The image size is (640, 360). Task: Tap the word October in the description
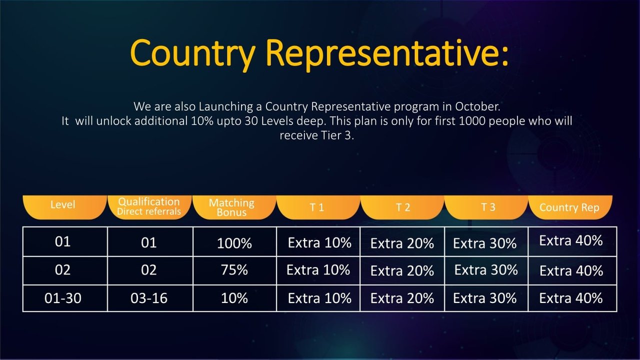pos(477,106)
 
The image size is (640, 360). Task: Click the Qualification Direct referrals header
pos(149,207)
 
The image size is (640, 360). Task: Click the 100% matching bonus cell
pos(234,243)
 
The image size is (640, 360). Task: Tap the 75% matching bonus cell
pos(234,270)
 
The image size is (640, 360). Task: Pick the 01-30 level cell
pos(63,298)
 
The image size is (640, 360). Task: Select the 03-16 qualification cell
pos(149,298)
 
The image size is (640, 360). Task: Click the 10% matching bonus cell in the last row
pos(234,298)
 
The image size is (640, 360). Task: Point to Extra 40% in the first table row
pos(571,240)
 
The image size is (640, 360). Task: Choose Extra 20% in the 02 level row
pos(402,271)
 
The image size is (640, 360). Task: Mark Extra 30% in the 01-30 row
pos(484,298)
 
